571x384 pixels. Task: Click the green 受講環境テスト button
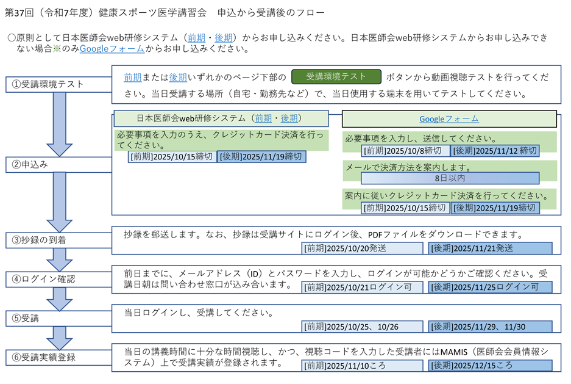[x=336, y=76]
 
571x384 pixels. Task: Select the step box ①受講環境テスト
[x=59, y=85]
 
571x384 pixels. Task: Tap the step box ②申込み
[x=59, y=165]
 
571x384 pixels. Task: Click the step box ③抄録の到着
[x=59, y=241]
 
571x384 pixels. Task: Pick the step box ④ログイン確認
[x=59, y=280]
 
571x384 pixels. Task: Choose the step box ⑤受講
[x=59, y=318]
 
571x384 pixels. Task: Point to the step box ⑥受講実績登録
[x=59, y=357]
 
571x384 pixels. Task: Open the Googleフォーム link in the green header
[x=449, y=119]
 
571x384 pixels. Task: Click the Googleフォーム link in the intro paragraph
[x=112, y=49]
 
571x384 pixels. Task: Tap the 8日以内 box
[x=450, y=178]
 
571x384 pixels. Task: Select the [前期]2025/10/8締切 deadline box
[x=405, y=151]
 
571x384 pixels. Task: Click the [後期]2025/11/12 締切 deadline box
[x=495, y=151]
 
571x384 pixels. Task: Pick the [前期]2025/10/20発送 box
[x=363, y=248]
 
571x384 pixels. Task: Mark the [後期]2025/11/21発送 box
[x=490, y=248]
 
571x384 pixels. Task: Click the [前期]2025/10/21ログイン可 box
[x=363, y=288]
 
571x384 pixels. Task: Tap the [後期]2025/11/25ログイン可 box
[x=490, y=288]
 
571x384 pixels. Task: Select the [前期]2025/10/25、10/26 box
[x=363, y=327]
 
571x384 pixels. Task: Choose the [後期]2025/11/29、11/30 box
[x=490, y=327]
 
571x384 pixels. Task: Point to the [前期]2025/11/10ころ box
[x=363, y=366]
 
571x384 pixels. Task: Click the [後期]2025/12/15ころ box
[x=490, y=366]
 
